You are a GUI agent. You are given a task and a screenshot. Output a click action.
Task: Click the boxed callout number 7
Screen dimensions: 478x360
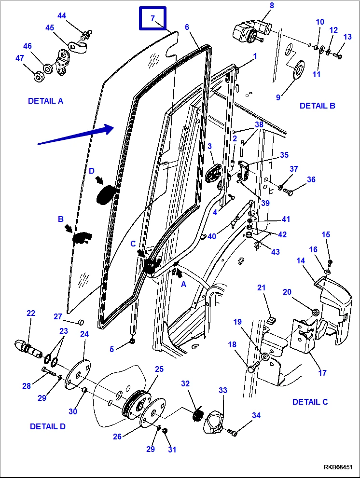(x=152, y=19)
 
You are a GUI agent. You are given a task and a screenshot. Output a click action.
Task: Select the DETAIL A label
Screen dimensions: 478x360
(x=45, y=101)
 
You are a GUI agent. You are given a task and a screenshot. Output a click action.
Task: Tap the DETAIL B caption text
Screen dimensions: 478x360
(x=317, y=106)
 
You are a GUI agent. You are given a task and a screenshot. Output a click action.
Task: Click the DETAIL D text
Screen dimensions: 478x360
(x=47, y=426)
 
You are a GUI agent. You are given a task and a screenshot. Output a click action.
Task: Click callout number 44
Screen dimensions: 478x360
(x=62, y=15)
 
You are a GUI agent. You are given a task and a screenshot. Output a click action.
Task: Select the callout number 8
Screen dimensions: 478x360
(x=272, y=6)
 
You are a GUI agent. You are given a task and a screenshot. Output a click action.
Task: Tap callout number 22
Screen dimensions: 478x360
(x=31, y=314)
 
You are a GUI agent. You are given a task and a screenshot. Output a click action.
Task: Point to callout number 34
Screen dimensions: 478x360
(x=256, y=415)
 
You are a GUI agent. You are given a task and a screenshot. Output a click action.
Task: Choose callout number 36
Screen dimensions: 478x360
(x=311, y=179)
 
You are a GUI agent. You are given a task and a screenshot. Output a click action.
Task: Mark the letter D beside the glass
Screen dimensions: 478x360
(x=92, y=171)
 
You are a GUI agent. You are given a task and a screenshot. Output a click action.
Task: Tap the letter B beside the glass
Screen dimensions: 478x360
(x=61, y=219)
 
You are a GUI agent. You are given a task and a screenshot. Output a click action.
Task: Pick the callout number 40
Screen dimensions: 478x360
(x=211, y=236)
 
